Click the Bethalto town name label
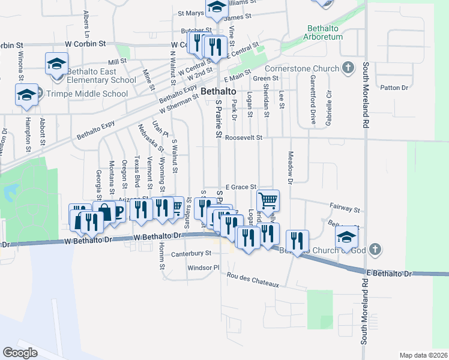(x=218, y=91)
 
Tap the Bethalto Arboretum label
(x=325, y=32)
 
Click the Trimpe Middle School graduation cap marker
(x=26, y=95)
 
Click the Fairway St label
(x=345, y=210)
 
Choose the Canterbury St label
(x=191, y=253)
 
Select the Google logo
(x=20, y=352)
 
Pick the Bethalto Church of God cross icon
(x=375, y=248)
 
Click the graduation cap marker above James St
(x=216, y=7)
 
